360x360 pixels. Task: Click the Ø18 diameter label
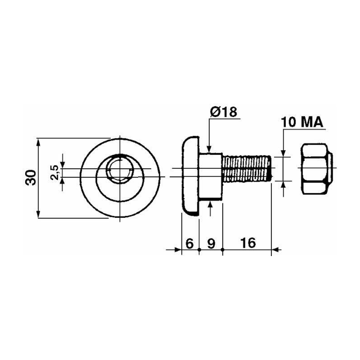coord(223,112)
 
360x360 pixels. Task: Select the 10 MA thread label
coord(301,122)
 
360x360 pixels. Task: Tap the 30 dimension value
coord(31,178)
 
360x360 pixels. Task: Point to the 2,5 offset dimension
coord(55,173)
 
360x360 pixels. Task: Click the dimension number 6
coord(189,243)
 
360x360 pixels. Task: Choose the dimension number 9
coord(211,243)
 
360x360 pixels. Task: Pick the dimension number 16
coord(248,243)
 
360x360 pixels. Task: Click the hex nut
coord(317,169)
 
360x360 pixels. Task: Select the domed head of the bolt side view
coord(190,176)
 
